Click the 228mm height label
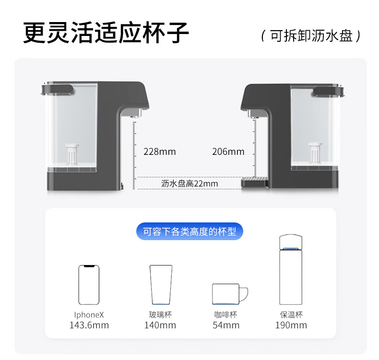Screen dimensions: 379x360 click(160, 152)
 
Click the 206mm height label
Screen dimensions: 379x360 click(228, 152)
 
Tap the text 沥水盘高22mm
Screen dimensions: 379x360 click(189, 184)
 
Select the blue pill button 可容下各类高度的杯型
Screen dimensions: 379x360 click(189, 232)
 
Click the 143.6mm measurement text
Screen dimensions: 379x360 click(89, 325)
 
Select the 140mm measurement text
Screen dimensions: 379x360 click(160, 325)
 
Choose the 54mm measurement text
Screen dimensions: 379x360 click(226, 325)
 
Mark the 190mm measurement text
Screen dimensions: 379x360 click(291, 325)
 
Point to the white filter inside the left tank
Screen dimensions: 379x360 click(72, 154)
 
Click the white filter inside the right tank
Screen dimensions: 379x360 click(315, 153)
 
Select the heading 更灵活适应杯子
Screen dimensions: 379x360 click(106, 33)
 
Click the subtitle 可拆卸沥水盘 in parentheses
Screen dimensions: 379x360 click(311, 36)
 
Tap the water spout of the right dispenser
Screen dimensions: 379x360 click(253, 114)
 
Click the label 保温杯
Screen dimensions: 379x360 click(291, 314)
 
